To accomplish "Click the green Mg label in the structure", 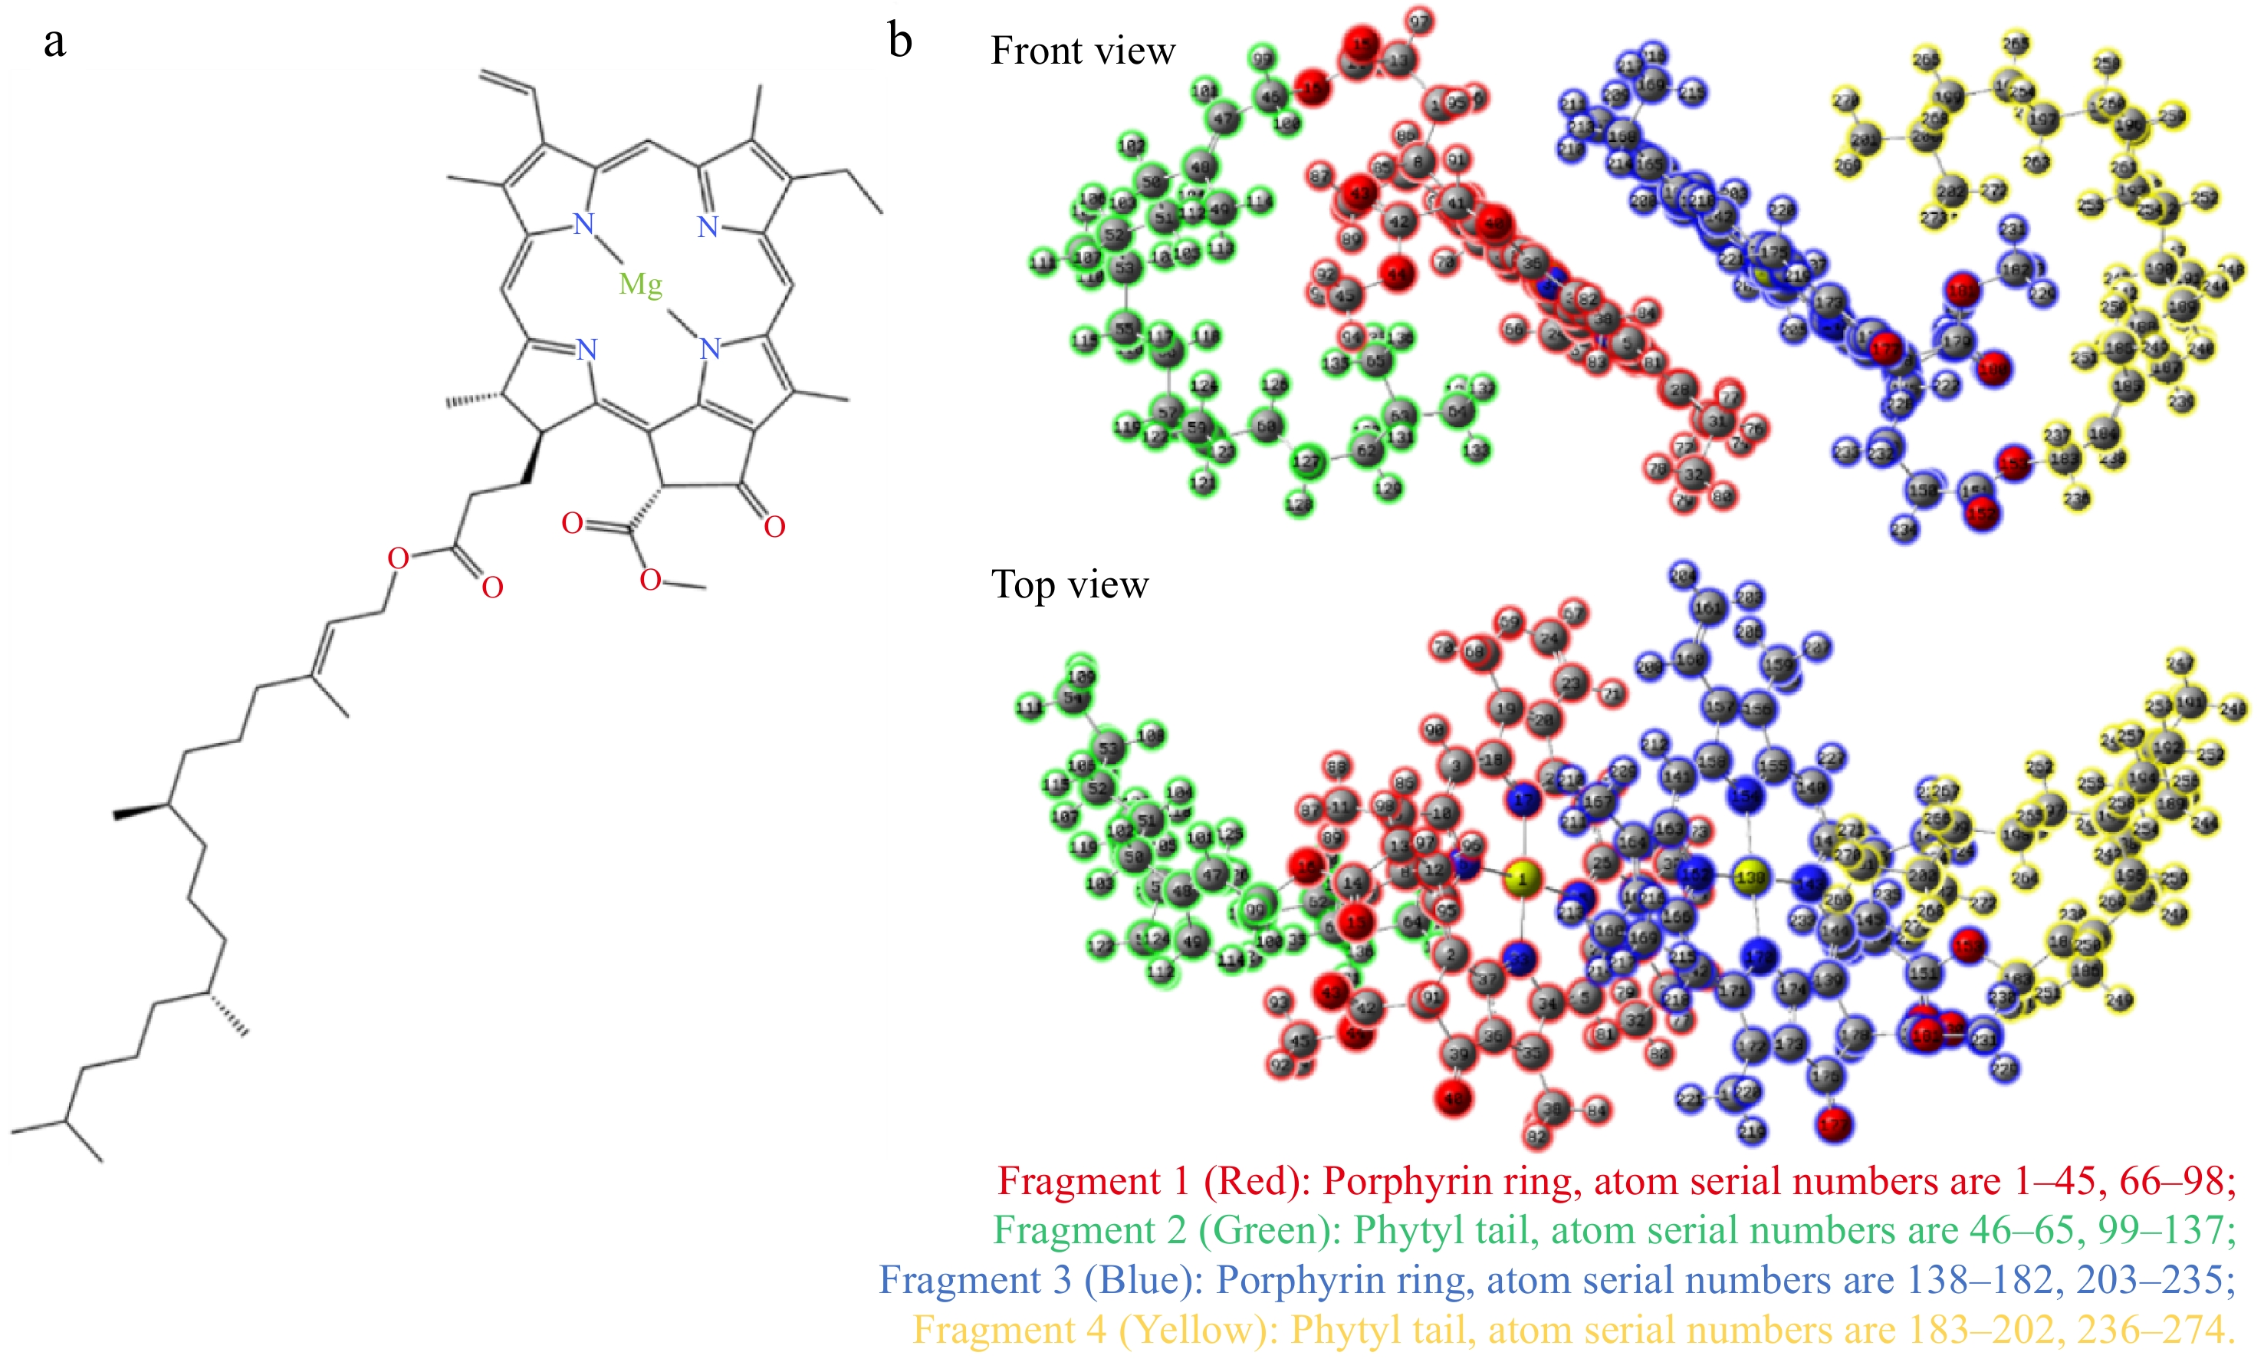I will (x=640, y=285).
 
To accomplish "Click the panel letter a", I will (x=55, y=42).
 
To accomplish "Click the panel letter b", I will (x=900, y=41).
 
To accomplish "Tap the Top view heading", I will (x=1070, y=584).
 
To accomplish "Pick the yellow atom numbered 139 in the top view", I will (x=1750, y=877).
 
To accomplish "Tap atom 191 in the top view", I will (x=2189, y=703).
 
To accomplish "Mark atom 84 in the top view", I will (x=1595, y=1111).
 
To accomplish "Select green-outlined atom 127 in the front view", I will (x=1306, y=462).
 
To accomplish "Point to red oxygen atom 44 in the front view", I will (x=1397, y=274).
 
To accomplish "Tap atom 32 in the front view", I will (x=1694, y=475).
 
